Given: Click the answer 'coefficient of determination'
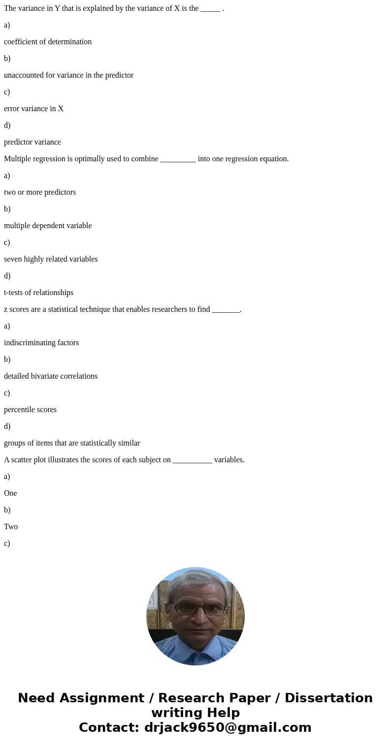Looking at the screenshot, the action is tap(48, 42).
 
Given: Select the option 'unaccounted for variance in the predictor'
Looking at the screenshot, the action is tap(68, 75).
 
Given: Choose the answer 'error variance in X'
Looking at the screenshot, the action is tap(33, 109).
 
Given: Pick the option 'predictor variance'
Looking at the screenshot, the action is tap(33, 142).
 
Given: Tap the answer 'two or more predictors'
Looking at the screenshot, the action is tap(40, 192).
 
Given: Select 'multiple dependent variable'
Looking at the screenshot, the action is tap(48, 226).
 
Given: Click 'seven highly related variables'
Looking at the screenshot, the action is tap(51, 259).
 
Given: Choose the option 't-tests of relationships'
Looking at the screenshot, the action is tap(38, 293).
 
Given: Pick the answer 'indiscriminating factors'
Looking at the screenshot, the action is tap(41, 343).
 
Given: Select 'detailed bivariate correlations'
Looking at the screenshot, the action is tap(51, 376).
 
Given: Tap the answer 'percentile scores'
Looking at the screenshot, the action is tap(30, 410).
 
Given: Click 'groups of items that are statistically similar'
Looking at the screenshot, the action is tap(72, 443).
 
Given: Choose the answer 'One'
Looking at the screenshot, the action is tap(10, 493).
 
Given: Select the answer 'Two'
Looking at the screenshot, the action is tap(11, 527).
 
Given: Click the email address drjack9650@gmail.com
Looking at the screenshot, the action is tap(228, 727).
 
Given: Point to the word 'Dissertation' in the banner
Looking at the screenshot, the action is tap(328, 698).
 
